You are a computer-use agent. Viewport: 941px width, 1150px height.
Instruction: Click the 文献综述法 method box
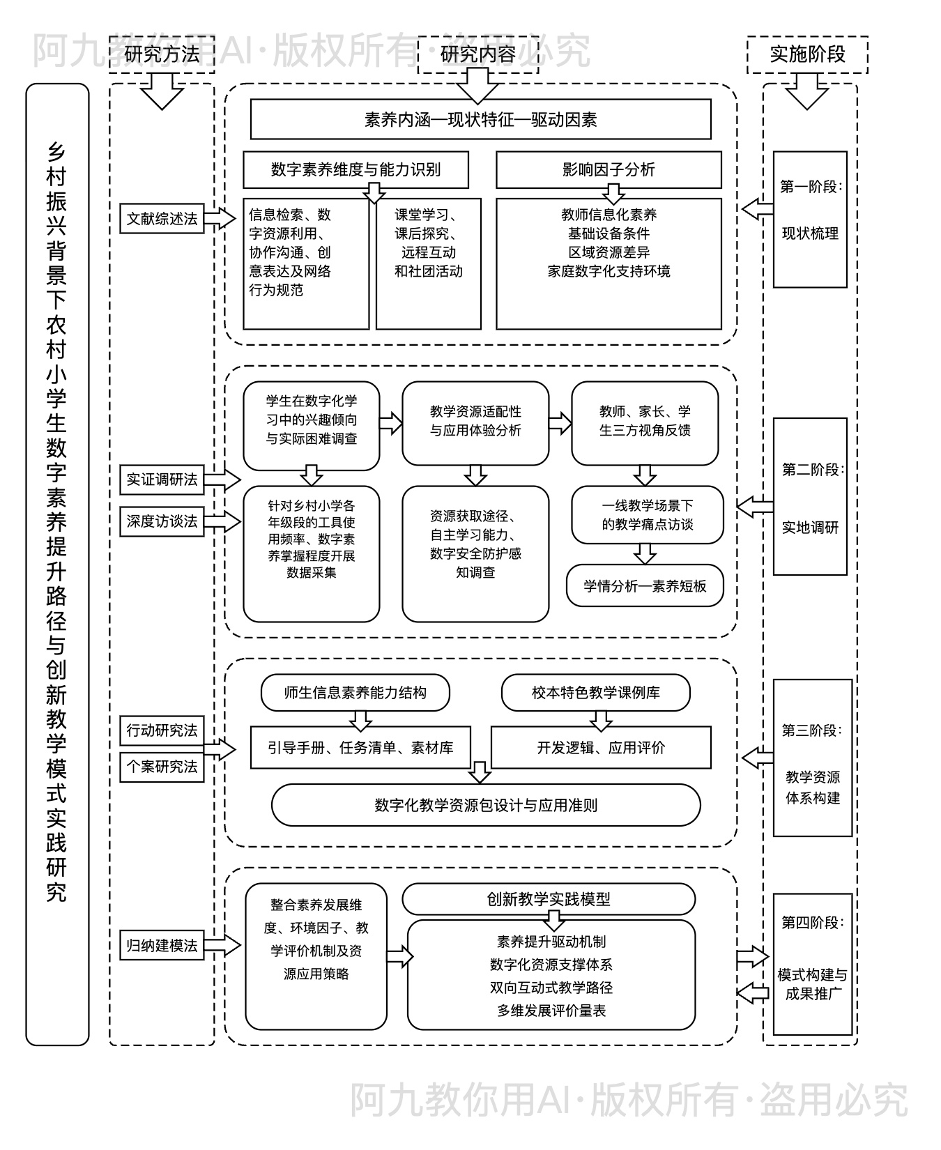(162, 219)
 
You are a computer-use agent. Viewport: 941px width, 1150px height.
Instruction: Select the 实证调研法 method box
(162, 480)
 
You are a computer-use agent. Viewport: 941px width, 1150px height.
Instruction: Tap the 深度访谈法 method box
(162, 521)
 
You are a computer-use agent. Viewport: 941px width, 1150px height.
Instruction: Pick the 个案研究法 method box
(162, 767)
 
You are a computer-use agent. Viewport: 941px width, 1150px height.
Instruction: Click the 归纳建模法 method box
(162, 946)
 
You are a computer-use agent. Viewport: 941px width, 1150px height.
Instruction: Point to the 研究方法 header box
(162, 54)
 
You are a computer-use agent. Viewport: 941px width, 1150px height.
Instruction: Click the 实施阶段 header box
(807, 54)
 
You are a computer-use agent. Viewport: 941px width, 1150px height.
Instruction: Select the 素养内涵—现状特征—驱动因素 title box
(480, 119)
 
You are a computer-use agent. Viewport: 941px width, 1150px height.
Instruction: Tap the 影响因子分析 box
(608, 169)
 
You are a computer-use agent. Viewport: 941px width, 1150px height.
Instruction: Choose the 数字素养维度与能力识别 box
(355, 169)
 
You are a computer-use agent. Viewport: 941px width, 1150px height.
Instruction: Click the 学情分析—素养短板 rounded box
(645, 586)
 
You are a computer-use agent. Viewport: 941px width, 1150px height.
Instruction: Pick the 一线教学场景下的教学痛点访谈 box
(648, 515)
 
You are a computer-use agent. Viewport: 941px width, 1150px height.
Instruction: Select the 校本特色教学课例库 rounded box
(595, 692)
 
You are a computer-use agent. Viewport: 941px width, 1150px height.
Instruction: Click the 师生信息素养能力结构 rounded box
(355, 692)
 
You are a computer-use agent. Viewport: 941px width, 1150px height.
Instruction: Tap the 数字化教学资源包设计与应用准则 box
(486, 805)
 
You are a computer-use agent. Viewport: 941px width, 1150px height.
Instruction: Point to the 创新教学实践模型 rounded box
(549, 899)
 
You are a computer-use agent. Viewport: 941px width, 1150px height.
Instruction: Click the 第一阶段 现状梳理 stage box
(810, 219)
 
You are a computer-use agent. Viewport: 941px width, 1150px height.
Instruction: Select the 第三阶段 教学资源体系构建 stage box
(812, 758)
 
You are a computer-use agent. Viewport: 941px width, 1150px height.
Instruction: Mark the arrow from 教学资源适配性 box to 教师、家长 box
(560, 422)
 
